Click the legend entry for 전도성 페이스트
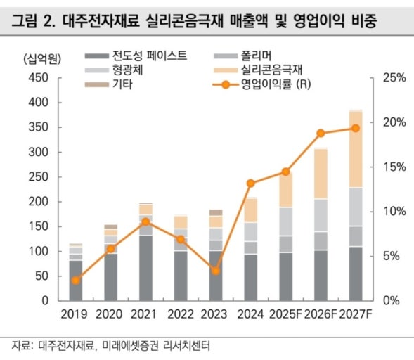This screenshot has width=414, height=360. tap(136, 56)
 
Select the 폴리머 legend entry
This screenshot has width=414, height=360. tap(242, 56)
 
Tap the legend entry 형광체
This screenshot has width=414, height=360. tap(114, 70)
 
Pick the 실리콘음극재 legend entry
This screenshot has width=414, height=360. tap(258, 70)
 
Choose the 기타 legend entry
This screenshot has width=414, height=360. tap(108, 84)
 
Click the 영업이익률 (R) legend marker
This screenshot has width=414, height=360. tap(226, 85)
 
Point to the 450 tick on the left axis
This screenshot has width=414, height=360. tap(38, 77)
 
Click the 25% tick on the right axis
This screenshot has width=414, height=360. tap(394, 77)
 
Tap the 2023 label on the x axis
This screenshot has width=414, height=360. tap(214, 314)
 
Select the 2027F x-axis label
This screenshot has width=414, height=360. tap(356, 314)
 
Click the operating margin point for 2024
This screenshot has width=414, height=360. tap(250, 184)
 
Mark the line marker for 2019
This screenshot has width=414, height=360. tap(76, 281)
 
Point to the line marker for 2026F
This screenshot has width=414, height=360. tap(321, 133)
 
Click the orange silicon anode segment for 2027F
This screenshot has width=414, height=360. tap(356, 150)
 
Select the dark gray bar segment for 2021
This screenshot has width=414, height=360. tap(145, 269)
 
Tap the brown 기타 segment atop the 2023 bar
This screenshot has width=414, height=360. tap(216, 212)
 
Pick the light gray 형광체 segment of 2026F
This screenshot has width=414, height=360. tap(321, 216)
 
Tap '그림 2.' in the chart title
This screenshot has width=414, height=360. tap(33, 21)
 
